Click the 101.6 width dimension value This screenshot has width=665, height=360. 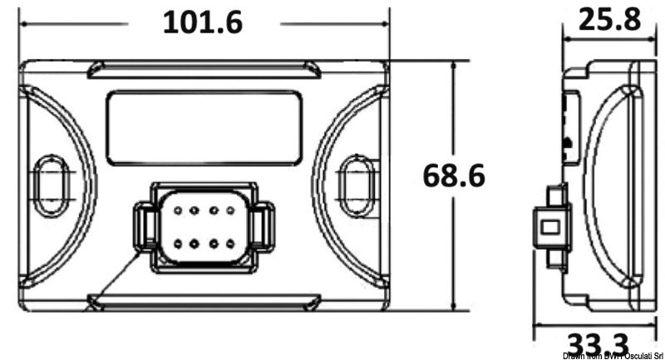(x=202, y=22)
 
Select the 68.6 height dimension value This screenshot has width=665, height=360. (x=454, y=175)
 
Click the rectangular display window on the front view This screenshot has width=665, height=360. (x=204, y=127)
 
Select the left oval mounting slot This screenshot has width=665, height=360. (x=52, y=180)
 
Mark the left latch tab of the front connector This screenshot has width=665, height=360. (x=145, y=227)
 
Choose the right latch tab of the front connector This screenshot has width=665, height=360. (x=263, y=227)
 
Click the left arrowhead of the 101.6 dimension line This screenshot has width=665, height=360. (x=25, y=22)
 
